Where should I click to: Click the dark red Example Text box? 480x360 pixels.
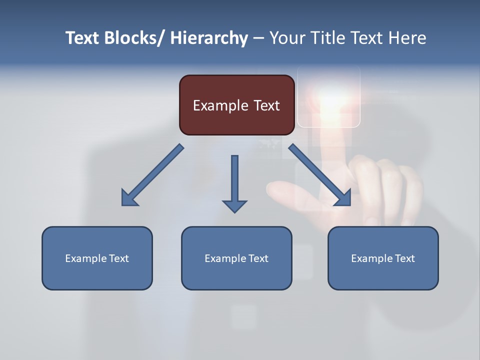236,105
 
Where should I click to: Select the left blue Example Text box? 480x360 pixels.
97,258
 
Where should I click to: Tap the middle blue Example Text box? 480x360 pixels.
236,258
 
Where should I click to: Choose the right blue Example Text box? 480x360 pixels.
383,258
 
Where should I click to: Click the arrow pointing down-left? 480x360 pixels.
152,175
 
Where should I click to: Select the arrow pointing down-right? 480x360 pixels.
319,174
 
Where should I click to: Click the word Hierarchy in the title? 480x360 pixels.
209,38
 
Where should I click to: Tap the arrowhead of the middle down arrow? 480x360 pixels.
234,205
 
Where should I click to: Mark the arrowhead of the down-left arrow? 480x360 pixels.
128,198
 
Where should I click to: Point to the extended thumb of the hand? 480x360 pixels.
285,190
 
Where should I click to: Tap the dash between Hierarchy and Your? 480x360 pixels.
258,38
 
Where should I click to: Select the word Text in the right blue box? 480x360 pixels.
403,258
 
